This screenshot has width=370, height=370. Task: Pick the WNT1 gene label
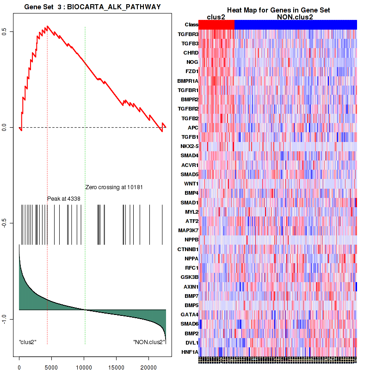(191, 184)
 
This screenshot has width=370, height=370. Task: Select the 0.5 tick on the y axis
(4, 31)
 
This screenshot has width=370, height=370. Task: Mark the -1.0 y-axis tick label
(4, 319)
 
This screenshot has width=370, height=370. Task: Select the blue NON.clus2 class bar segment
(296, 25)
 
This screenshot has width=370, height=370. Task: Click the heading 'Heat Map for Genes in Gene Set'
(278, 10)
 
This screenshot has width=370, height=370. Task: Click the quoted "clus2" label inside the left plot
(28, 342)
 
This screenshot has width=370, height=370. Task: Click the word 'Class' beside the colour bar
(191, 25)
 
